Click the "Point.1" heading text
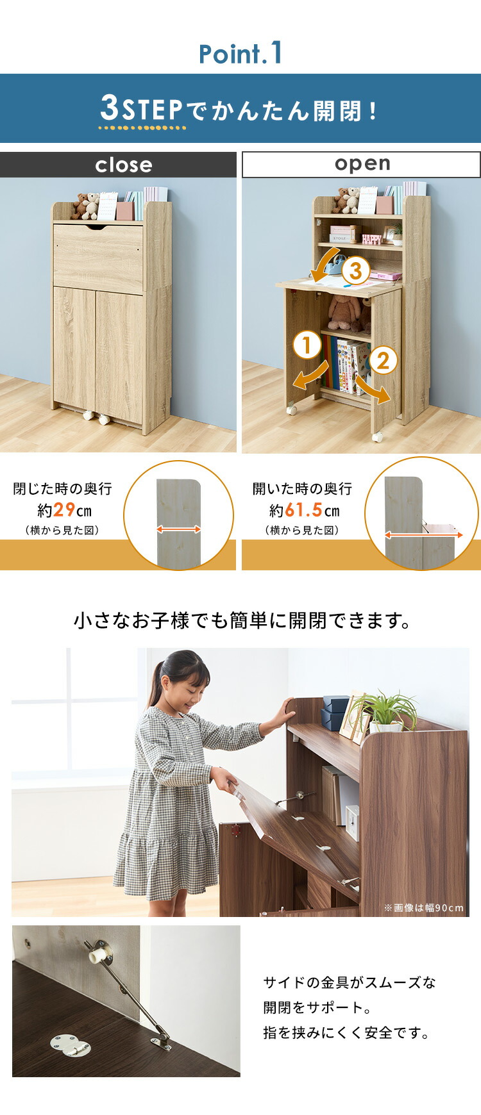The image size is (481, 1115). coord(240,54)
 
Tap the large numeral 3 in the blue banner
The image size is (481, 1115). coord(110,108)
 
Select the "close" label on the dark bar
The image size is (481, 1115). coord(124,165)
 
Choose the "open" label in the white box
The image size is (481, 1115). coord(362,164)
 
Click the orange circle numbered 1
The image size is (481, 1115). coord(307,346)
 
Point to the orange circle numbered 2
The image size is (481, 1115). coord(383,360)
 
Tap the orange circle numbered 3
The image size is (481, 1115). coord(355,271)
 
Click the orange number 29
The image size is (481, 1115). coord(64,511)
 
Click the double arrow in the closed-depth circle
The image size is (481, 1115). coord(179,529)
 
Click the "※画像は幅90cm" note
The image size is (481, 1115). coord(423,907)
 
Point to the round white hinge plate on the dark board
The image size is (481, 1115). coord(70,1046)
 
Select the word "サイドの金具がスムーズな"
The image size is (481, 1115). coord(349,982)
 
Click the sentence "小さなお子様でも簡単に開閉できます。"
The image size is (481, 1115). coord(242,621)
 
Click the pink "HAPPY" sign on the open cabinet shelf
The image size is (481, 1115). coord(371,239)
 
